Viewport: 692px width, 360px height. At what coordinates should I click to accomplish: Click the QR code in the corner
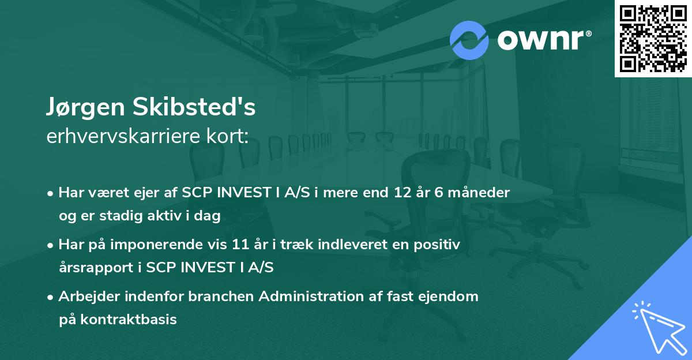point(653,38)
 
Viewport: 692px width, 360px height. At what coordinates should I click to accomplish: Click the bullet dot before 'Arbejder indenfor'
point(51,297)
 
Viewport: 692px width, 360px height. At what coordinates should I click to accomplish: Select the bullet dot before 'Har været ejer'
point(51,193)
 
